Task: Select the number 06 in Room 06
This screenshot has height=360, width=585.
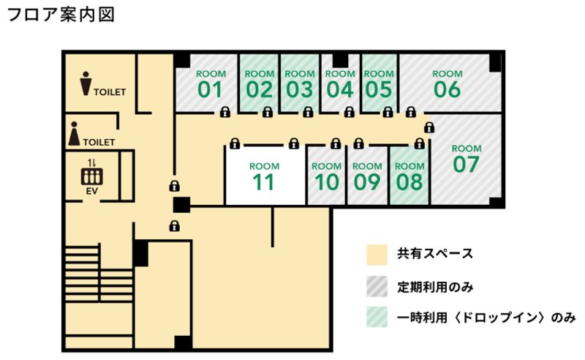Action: tap(447, 90)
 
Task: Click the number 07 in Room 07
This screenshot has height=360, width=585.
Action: tap(466, 164)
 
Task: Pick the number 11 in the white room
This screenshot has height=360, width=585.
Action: tap(263, 181)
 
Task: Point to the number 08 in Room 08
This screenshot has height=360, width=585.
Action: tap(409, 181)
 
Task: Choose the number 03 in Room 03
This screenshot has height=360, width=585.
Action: tap(300, 90)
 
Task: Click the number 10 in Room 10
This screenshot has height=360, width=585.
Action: tap(327, 181)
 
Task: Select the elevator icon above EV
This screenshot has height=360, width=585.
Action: tap(92, 176)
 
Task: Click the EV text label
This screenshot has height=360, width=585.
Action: tap(92, 191)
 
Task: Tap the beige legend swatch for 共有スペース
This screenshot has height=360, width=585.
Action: tap(377, 255)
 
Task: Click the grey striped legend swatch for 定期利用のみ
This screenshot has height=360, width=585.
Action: tap(377, 286)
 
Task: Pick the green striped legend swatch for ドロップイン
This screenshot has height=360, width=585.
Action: tap(377, 318)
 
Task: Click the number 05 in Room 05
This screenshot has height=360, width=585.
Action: tap(379, 90)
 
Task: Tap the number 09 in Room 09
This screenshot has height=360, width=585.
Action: tap(368, 181)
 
